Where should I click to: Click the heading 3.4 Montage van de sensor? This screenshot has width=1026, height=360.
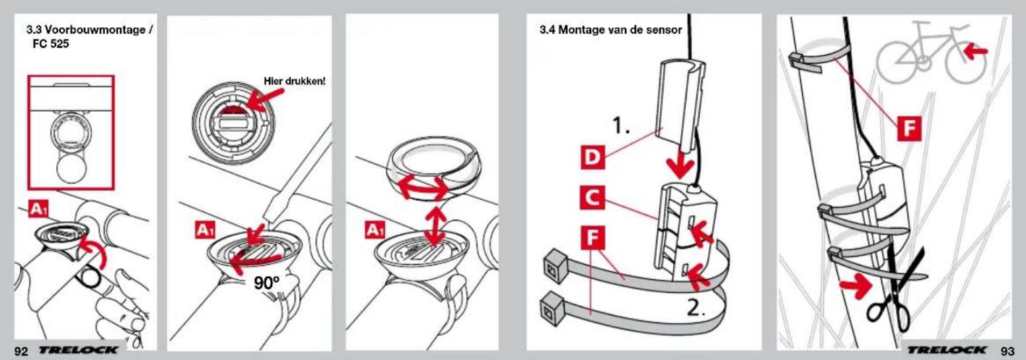610,30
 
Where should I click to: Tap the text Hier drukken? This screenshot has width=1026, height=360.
295,81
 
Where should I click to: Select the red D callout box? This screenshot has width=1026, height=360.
592,157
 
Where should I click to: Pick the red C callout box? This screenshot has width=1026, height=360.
592,198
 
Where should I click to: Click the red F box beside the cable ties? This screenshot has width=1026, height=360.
593,238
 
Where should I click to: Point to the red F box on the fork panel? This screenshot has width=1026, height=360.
909,127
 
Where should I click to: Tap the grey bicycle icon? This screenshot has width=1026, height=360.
931,53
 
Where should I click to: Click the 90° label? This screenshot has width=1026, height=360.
267,283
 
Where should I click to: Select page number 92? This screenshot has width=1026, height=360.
21,351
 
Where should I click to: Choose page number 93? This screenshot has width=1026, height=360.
1008,351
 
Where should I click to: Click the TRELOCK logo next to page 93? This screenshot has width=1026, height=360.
947,350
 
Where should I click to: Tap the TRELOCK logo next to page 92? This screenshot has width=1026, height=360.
78,350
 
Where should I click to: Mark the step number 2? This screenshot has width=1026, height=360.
696,309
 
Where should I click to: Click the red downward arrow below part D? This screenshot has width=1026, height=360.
680,164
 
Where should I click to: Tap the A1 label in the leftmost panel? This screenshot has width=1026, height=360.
38,209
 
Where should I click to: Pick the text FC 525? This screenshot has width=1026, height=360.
51,44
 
